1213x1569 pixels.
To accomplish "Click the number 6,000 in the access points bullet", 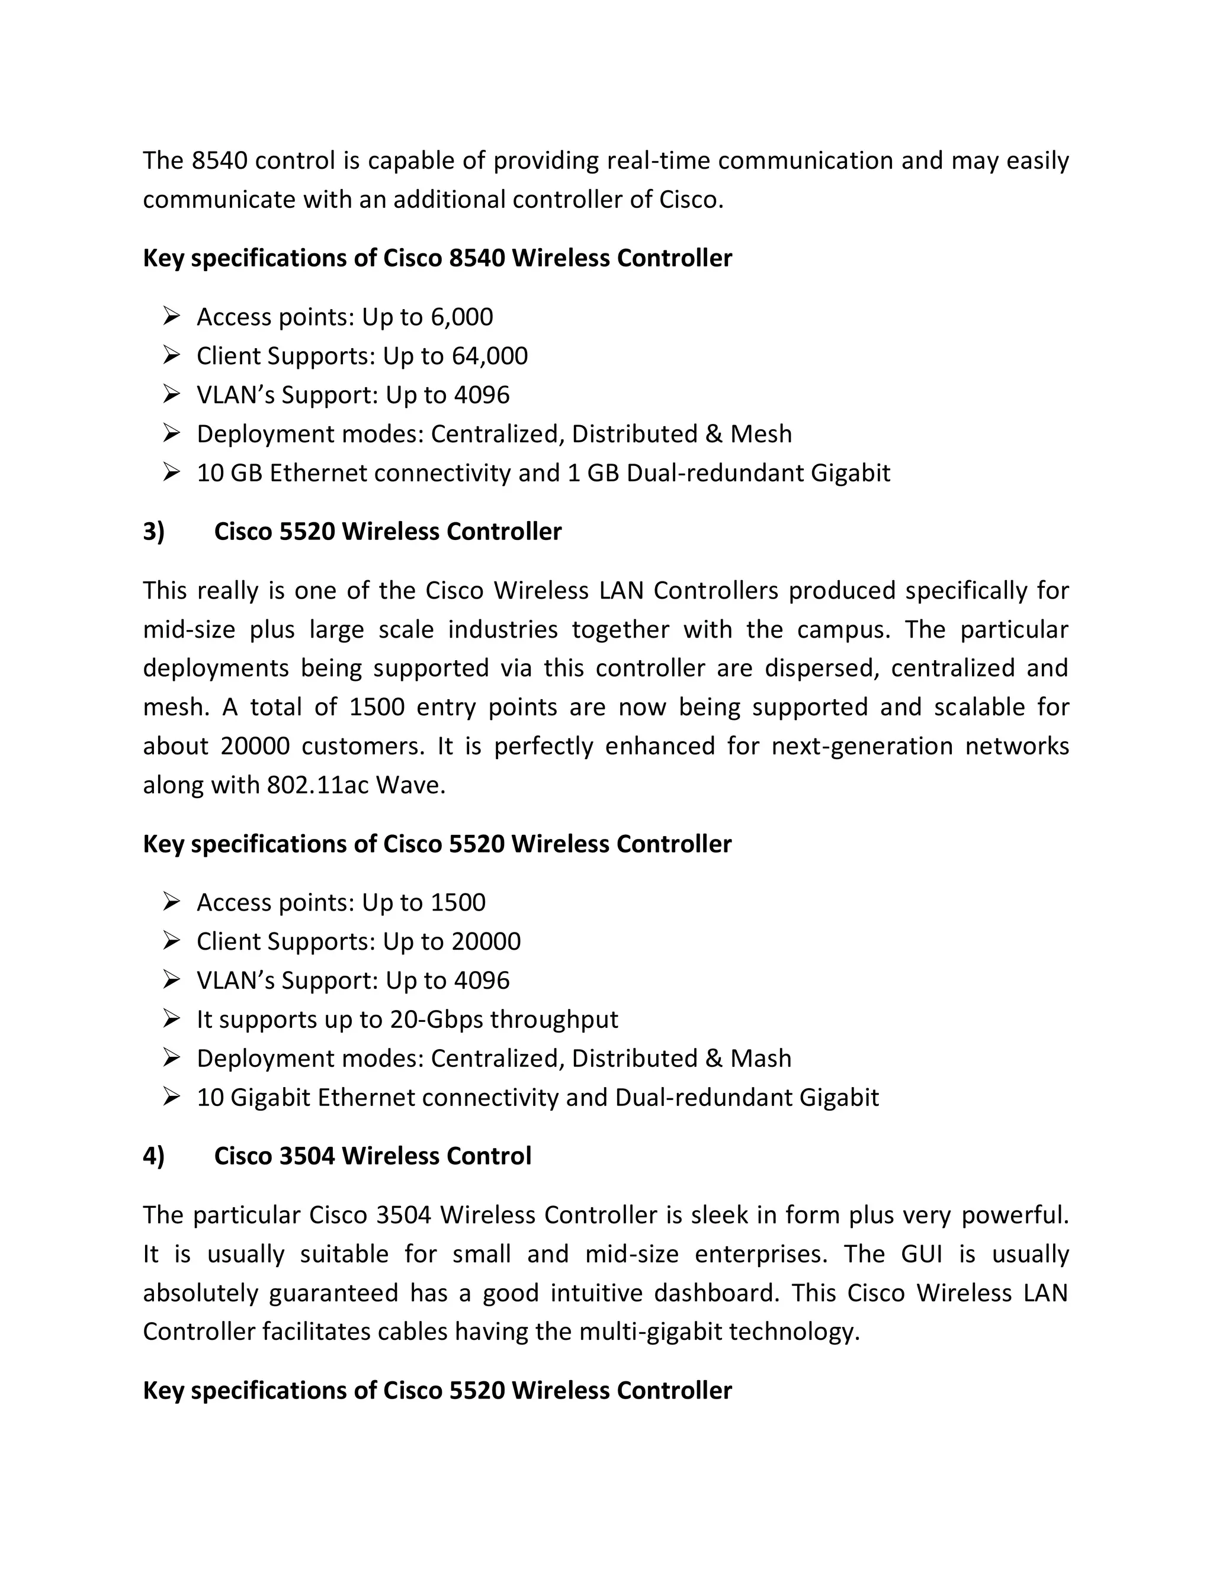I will tap(461, 317).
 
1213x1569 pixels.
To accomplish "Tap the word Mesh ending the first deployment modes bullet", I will tap(761, 434).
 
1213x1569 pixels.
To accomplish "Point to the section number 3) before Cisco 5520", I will tap(154, 532).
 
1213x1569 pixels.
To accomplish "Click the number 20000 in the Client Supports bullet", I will tap(486, 941).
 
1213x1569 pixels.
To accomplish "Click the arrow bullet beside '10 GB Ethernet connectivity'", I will tap(171, 472).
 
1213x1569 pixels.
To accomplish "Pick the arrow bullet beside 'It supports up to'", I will tap(171, 1019).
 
